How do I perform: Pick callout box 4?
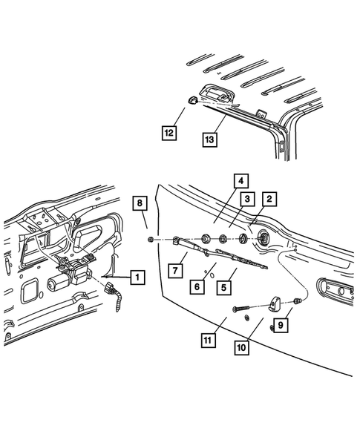[x=240, y=180]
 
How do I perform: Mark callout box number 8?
[x=138, y=202]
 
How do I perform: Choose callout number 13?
[x=210, y=137]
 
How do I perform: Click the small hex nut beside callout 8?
[x=151, y=240]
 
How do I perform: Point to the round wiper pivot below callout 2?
[x=264, y=238]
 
